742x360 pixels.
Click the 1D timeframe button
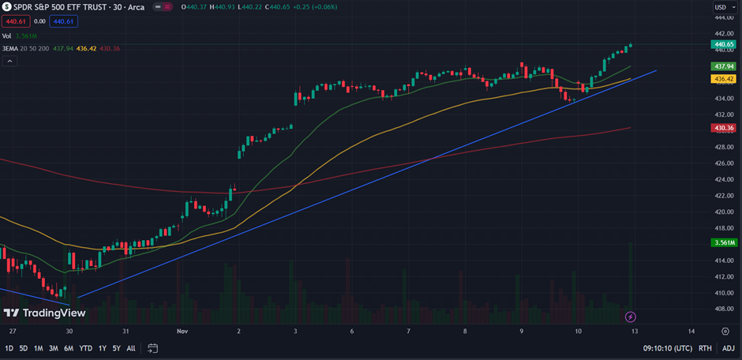[9, 348]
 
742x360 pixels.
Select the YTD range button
[87, 348]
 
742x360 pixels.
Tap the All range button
[131, 348]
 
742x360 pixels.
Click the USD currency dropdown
[721, 7]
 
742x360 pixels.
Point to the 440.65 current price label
[724, 45]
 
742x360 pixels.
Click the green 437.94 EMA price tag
[724, 66]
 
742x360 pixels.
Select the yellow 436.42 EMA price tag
[724, 79]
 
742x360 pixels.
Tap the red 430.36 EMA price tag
[724, 128]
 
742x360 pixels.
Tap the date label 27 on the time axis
[13, 331]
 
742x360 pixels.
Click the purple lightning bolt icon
[631, 317]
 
